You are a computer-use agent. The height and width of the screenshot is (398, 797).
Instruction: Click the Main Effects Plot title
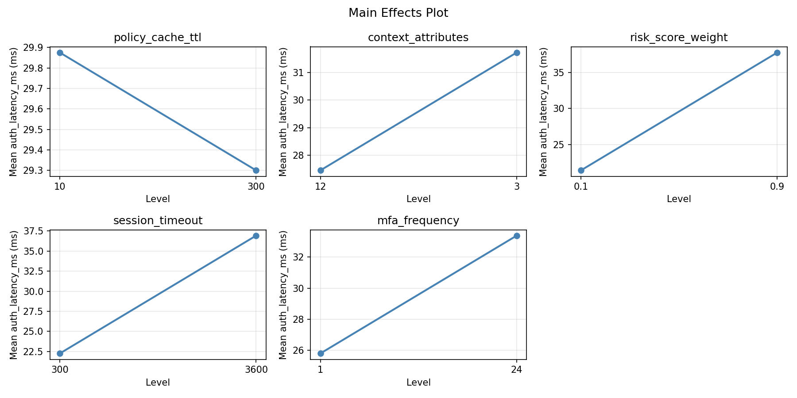coord(398,13)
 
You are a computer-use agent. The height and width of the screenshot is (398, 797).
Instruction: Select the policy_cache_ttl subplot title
coord(158,38)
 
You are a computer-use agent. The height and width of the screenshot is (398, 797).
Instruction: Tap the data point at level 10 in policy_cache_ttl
coord(60,53)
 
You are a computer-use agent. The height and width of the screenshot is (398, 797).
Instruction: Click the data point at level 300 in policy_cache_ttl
coord(256,170)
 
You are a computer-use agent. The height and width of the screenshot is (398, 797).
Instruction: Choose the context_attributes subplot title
coord(418,38)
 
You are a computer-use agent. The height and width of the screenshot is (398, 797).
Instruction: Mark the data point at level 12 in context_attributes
coord(321,170)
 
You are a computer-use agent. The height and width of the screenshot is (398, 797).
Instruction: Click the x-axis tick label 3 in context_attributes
coord(517,187)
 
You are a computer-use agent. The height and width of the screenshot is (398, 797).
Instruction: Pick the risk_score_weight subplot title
coord(678,38)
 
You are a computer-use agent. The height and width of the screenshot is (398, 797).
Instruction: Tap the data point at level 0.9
coord(777,53)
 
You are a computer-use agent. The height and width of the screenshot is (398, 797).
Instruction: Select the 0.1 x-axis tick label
coord(581,187)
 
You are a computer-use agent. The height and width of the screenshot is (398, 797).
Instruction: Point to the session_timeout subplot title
coord(158,221)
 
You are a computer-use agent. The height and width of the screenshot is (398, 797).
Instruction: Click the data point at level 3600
coord(256,236)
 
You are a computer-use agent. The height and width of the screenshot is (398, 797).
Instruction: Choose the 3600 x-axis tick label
coord(256,370)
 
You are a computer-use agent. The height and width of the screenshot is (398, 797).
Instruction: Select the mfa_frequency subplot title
coord(418,221)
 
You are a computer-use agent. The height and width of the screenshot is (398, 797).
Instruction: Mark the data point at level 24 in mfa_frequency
coord(517,236)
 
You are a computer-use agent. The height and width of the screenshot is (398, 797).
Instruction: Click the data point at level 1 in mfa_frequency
coord(321,353)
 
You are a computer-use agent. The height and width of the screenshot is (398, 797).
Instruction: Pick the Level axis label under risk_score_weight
coord(678,199)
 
